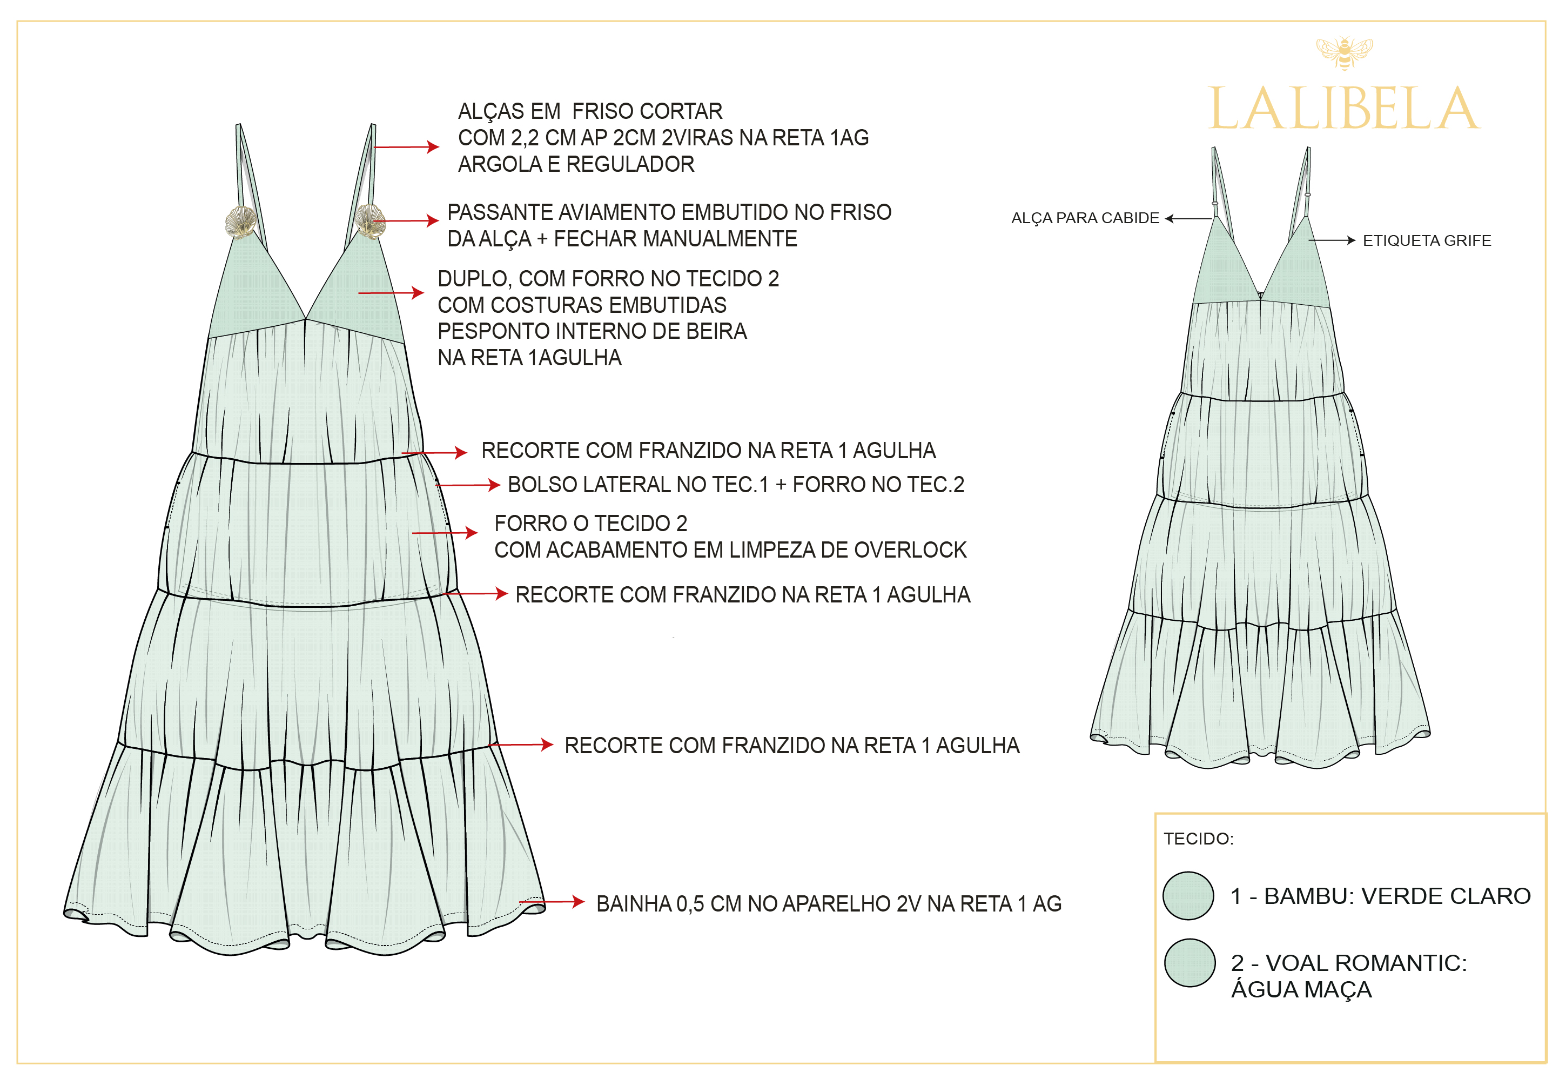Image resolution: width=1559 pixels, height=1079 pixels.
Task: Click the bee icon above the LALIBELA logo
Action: tap(1343, 53)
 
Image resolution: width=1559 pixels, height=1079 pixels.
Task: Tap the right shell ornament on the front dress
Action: tap(369, 221)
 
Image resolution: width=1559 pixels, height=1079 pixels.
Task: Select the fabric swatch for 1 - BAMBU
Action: tap(1188, 895)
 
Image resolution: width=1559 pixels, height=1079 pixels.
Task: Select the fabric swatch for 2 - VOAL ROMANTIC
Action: tap(1190, 962)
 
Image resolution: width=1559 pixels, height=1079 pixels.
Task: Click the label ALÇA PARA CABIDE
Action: tap(1085, 218)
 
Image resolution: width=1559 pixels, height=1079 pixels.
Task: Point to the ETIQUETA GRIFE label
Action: tap(1427, 240)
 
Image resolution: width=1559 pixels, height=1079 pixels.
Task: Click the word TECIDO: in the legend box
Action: tap(1198, 839)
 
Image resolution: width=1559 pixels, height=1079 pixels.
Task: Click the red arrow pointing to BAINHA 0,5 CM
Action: tap(552, 901)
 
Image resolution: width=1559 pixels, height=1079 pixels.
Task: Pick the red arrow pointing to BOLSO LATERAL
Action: tap(468, 485)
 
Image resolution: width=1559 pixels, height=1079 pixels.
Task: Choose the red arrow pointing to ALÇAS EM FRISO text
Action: tap(406, 147)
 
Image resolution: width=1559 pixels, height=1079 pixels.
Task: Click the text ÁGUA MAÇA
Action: tap(1301, 989)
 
